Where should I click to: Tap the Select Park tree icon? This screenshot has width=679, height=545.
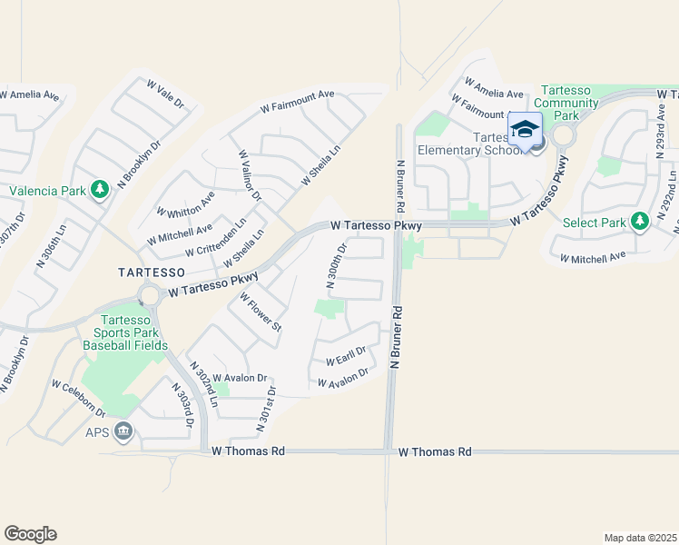tap(640, 222)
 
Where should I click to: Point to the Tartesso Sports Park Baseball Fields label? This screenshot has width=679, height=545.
tap(124, 332)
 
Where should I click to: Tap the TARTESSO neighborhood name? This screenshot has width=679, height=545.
tap(152, 272)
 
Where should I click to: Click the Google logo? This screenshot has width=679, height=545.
tap(30, 534)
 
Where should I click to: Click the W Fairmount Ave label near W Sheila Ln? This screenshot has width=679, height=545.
tap(297, 100)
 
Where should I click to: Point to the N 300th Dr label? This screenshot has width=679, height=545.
tap(337, 264)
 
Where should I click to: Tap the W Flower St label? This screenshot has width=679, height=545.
tap(261, 312)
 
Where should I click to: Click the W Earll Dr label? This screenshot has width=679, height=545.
tap(344, 355)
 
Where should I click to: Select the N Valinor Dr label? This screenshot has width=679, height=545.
tap(250, 174)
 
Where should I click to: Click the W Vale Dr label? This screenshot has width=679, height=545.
tap(165, 94)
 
